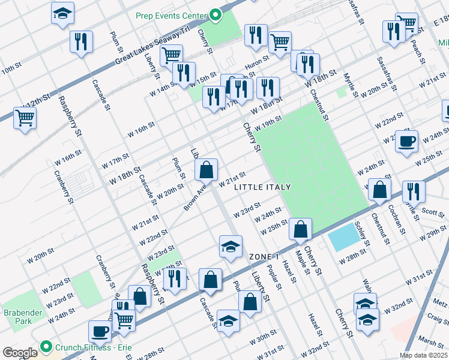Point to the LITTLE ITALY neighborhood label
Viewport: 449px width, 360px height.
pyautogui.click(x=262, y=187)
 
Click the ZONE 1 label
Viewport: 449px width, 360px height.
pyautogui.click(x=265, y=256)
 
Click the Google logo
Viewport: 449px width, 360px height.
pyautogui.click(x=20, y=353)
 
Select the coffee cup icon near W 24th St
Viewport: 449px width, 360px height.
pyautogui.click(x=406, y=142)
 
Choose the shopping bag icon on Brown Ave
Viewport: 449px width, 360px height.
pyautogui.click(x=206, y=170)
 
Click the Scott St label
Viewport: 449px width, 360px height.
pyautogui.click(x=431, y=211)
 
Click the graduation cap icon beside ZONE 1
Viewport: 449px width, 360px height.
pyautogui.click(x=231, y=247)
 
